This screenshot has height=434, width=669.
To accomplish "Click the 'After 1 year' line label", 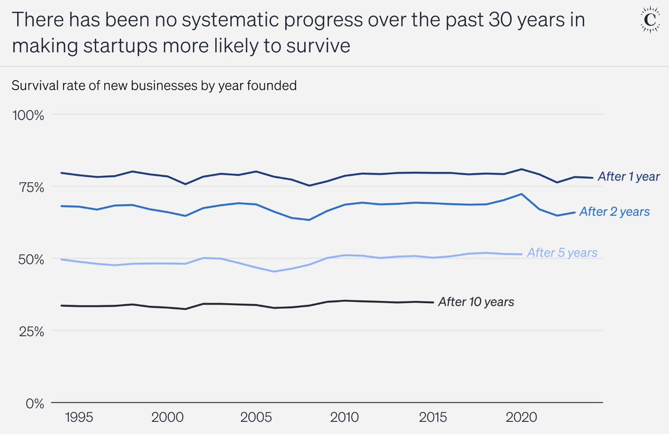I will [x=628, y=177].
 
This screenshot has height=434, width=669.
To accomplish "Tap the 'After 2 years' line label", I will [x=614, y=212].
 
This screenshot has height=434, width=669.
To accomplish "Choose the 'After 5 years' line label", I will [x=562, y=253].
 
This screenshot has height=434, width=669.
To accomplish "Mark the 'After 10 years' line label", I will [x=476, y=302].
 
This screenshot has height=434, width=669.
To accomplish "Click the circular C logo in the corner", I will [x=648, y=21].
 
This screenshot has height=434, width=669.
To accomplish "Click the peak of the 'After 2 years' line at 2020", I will [x=521, y=194].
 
